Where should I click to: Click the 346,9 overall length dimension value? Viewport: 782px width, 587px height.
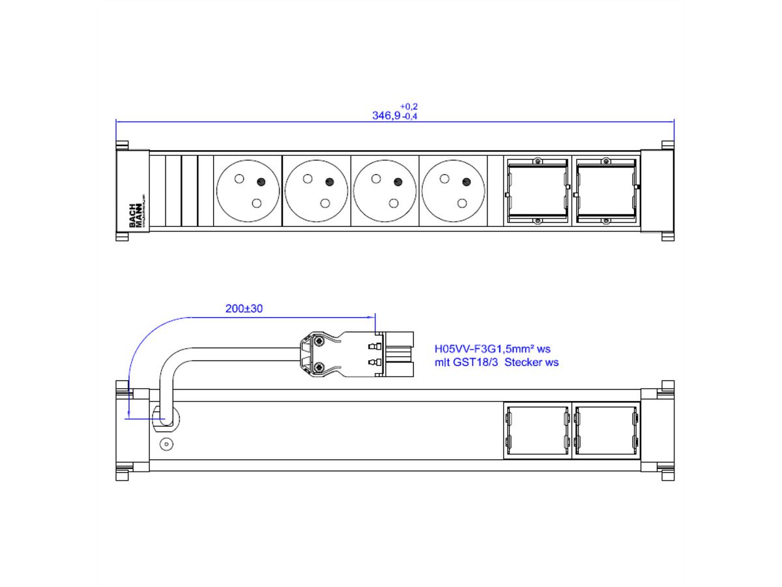(386, 115)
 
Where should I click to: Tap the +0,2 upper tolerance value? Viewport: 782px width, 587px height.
(409, 106)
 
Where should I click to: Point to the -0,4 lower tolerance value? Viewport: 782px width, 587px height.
(410, 117)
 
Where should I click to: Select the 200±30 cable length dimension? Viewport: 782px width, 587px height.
(244, 309)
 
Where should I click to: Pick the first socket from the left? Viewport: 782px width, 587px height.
(248, 191)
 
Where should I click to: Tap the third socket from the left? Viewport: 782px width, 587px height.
(384, 191)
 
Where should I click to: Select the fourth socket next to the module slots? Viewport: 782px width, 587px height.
(453, 191)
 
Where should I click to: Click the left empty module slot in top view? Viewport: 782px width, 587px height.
(537, 191)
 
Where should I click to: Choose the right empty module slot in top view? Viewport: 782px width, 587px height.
(605, 191)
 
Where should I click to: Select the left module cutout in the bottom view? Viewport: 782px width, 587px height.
(537, 430)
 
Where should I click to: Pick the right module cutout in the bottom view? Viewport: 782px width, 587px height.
(605, 430)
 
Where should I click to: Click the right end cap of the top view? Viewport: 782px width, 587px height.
(657, 191)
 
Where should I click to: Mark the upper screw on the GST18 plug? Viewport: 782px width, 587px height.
(318, 341)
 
